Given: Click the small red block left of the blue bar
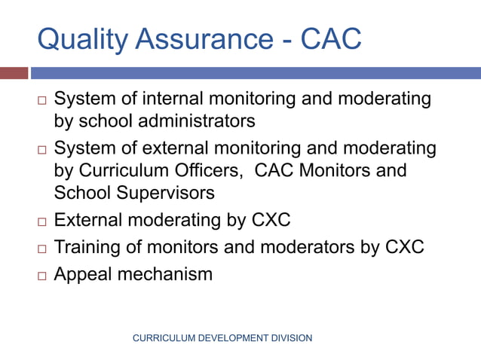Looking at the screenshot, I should pos(14,73).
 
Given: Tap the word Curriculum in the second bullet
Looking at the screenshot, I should pos(120,170).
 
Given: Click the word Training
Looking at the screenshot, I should pos(88,247).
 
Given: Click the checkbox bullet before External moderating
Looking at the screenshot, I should pos(42,222).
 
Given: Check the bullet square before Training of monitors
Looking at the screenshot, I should pos(42,249).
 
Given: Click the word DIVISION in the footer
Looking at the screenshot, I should pos(289,338).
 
